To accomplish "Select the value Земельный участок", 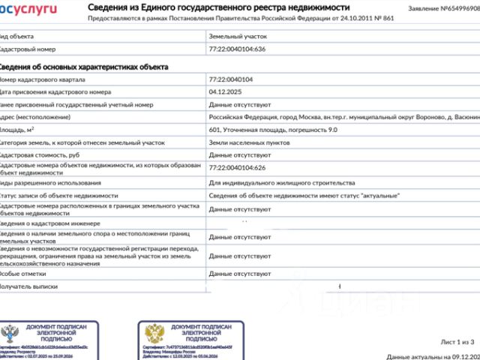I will [238, 35].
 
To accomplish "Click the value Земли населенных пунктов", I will [250, 142].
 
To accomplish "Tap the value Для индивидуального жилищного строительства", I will [281, 182].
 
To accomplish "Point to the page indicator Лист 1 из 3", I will [457, 341].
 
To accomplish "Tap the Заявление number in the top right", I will [443, 8].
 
